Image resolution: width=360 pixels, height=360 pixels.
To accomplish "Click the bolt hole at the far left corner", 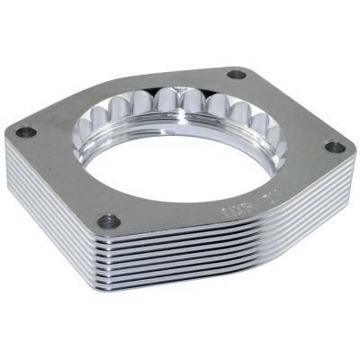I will [x=26, y=131].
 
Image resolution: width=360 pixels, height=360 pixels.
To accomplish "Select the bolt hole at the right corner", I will [x=334, y=147].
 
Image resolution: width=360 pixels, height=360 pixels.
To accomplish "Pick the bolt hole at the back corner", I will [x=237, y=74].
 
